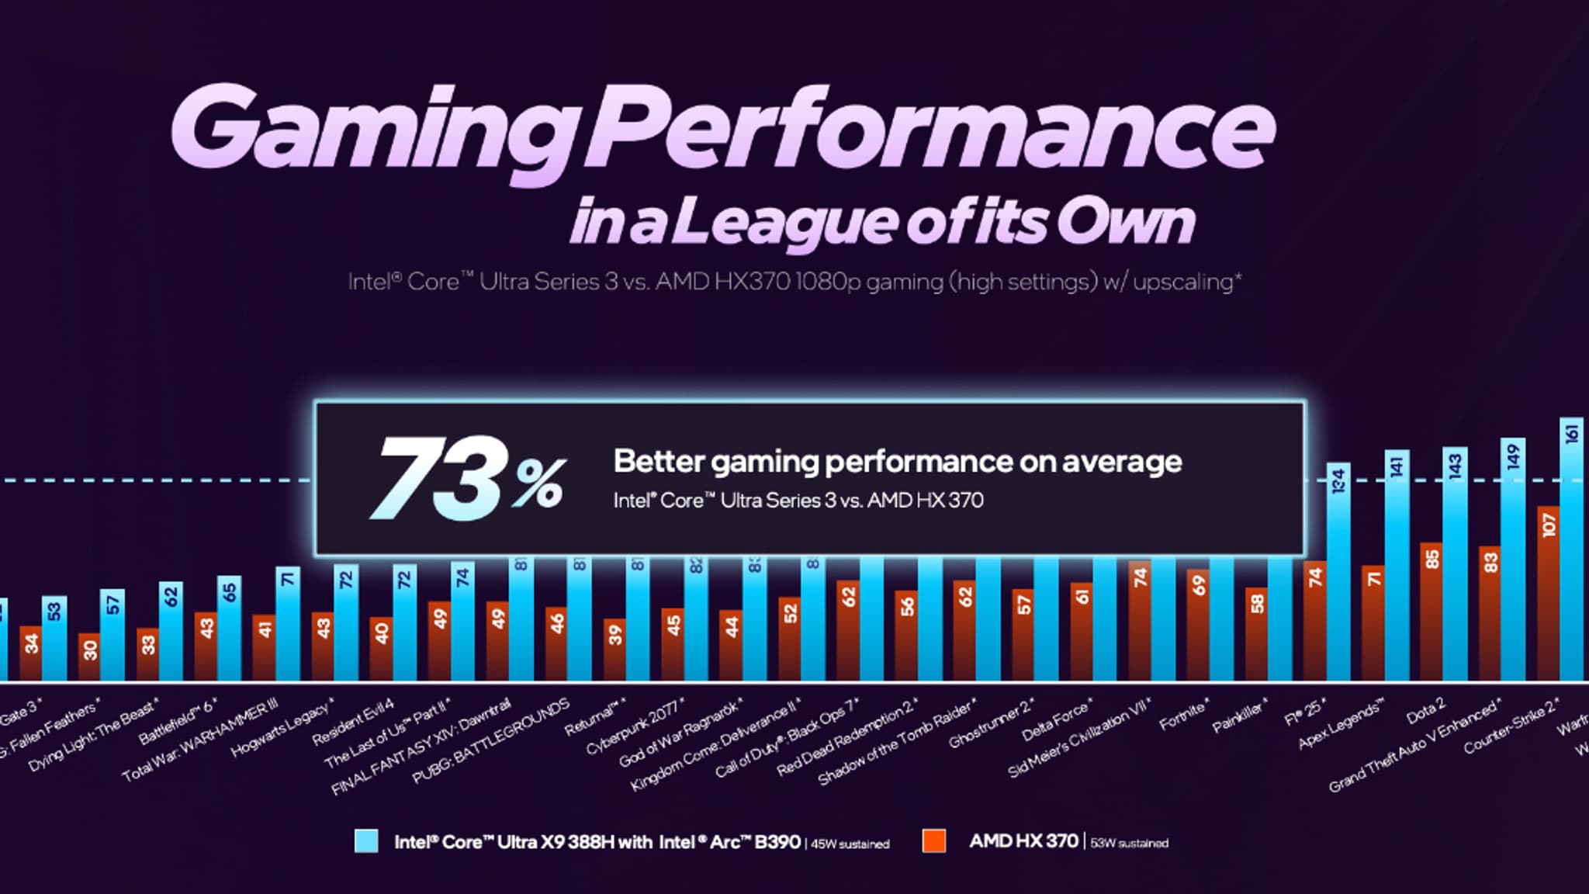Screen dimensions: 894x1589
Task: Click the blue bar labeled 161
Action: pyautogui.click(x=1572, y=559)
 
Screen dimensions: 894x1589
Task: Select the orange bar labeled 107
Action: pyautogui.click(x=1549, y=598)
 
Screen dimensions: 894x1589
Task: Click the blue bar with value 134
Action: pyautogui.click(x=1338, y=582)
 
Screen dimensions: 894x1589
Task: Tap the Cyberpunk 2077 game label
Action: pyautogui.click(x=635, y=726)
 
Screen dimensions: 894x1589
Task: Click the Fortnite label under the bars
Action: pyautogui.click(x=1184, y=715)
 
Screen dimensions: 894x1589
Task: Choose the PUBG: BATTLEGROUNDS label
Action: pyautogui.click(x=490, y=741)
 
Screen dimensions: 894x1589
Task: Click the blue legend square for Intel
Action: pyautogui.click(x=366, y=841)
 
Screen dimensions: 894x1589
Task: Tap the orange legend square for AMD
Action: pyautogui.click(x=934, y=841)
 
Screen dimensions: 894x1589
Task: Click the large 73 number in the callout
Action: pyautogui.click(x=442, y=479)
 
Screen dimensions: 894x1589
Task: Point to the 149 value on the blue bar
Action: pyautogui.click(x=1513, y=458)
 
